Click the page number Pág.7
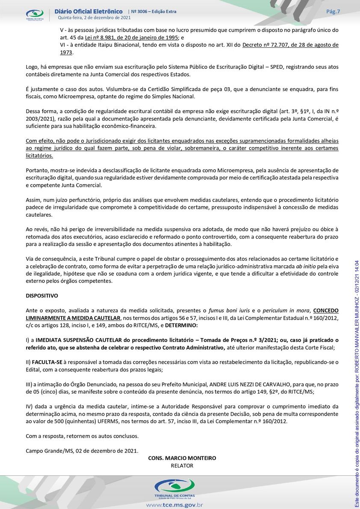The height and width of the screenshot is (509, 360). [x=333, y=12]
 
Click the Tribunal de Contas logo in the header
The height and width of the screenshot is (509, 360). [x=35, y=15]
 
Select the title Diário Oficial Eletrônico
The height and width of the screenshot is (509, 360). [x=89, y=11]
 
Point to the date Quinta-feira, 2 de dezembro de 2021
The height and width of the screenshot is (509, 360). [x=94, y=18]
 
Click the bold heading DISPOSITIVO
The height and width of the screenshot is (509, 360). [x=42, y=296]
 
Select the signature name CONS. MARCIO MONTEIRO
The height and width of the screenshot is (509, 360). [x=182, y=458]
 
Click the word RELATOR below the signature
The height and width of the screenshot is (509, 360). [x=182, y=465]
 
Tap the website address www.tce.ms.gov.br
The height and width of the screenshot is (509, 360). [x=174, y=505]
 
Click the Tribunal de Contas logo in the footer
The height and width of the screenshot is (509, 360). [x=174, y=487]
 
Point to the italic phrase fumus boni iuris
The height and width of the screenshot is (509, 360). [x=226, y=311]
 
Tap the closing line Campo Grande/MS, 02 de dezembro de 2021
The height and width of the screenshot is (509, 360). [x=82, y=450]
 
